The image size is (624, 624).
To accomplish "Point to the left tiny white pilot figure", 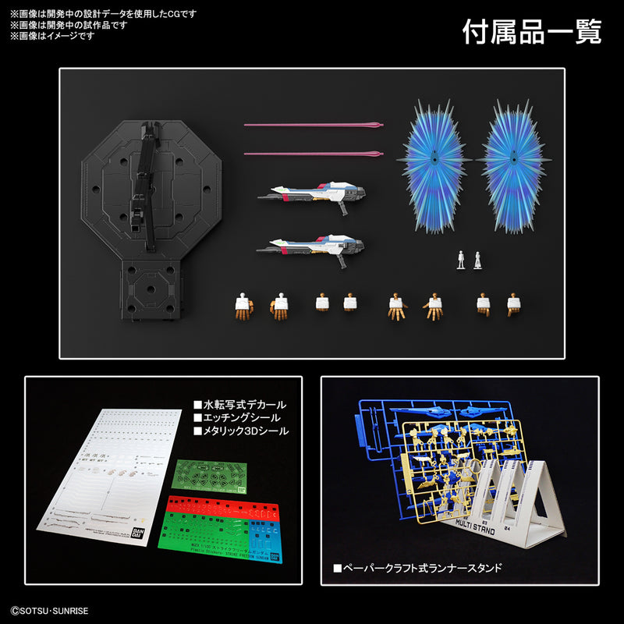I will tap(461, 261).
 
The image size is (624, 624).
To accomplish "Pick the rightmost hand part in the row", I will tap(513, 304).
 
